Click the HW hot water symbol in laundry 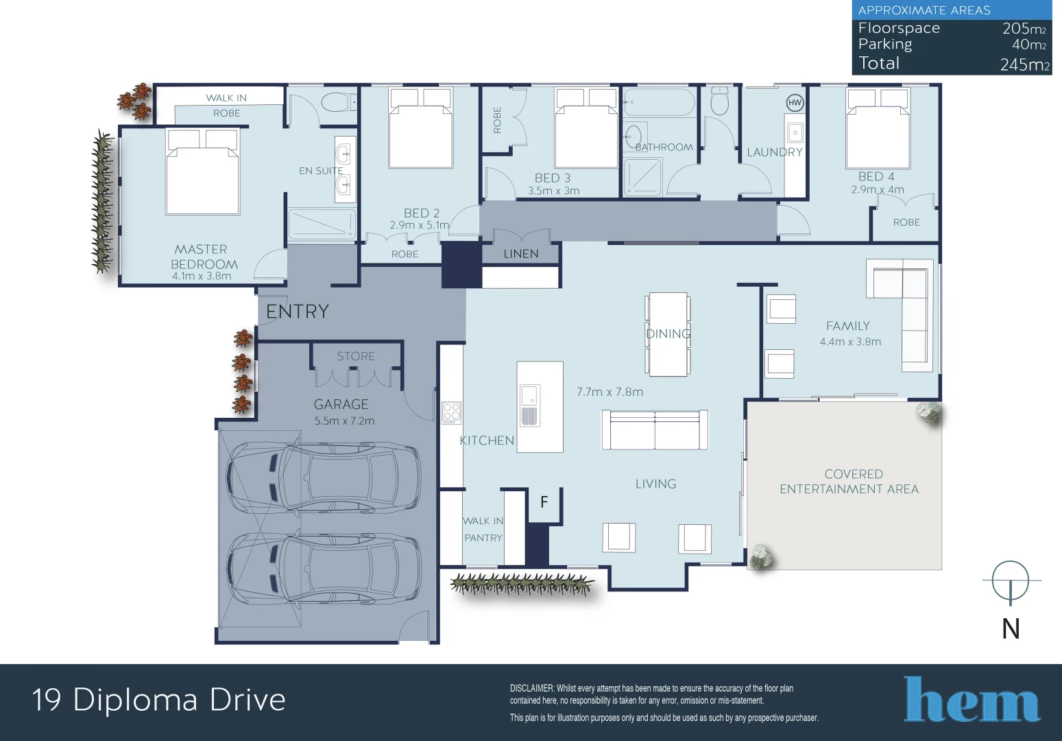click(795, 103)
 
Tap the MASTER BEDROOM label click(204, 257)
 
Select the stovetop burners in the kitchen click(451, 412)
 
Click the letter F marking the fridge click(544, 502)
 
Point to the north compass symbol click(1011, 582)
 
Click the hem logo click(972, 700)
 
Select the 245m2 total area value click(1024, 64)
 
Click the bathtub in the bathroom click(659, 103)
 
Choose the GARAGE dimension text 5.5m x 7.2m click(344, 421)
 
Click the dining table click(668, 334)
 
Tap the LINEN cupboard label click(520, 254)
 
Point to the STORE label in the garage click(356, 356)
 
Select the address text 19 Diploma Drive click(158, 700)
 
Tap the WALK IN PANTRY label click(483, 529)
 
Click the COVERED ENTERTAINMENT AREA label click(849, 482)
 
